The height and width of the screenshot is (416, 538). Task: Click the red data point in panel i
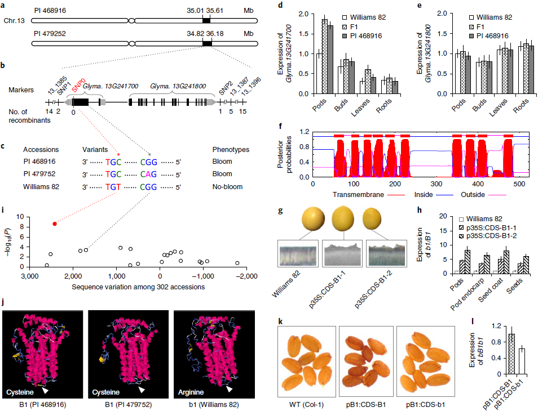tap(55, 223)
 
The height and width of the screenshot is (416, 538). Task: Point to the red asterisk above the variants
tap(118, 154)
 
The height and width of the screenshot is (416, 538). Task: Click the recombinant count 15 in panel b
tap(242, 112)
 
